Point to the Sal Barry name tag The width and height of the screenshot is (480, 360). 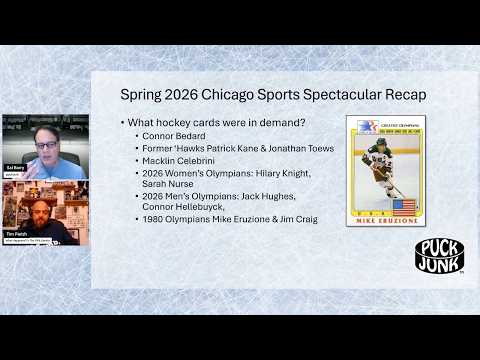tap(15, 170)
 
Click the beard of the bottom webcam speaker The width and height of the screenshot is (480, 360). tap(42, 217)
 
